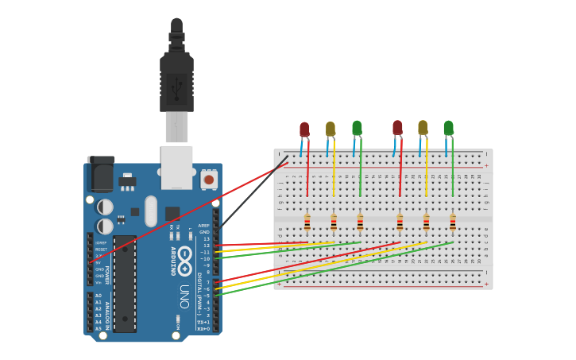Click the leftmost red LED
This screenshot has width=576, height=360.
304,130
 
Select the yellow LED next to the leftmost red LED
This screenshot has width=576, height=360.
331,129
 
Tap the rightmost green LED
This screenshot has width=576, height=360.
449,128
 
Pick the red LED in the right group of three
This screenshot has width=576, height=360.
397,128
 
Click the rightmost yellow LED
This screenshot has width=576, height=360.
423,127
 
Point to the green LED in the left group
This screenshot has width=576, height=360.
357,128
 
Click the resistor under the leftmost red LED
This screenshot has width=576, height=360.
307,222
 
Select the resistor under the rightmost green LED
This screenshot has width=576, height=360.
453,222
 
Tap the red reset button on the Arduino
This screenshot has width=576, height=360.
209,180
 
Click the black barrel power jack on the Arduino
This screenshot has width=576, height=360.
100,174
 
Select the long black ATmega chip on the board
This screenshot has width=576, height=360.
124,283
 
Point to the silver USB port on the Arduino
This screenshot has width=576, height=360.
176,166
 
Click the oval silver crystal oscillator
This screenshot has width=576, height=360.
151,211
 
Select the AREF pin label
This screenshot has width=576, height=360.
204,226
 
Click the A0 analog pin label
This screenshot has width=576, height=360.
99,296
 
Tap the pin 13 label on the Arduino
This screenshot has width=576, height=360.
207,238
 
